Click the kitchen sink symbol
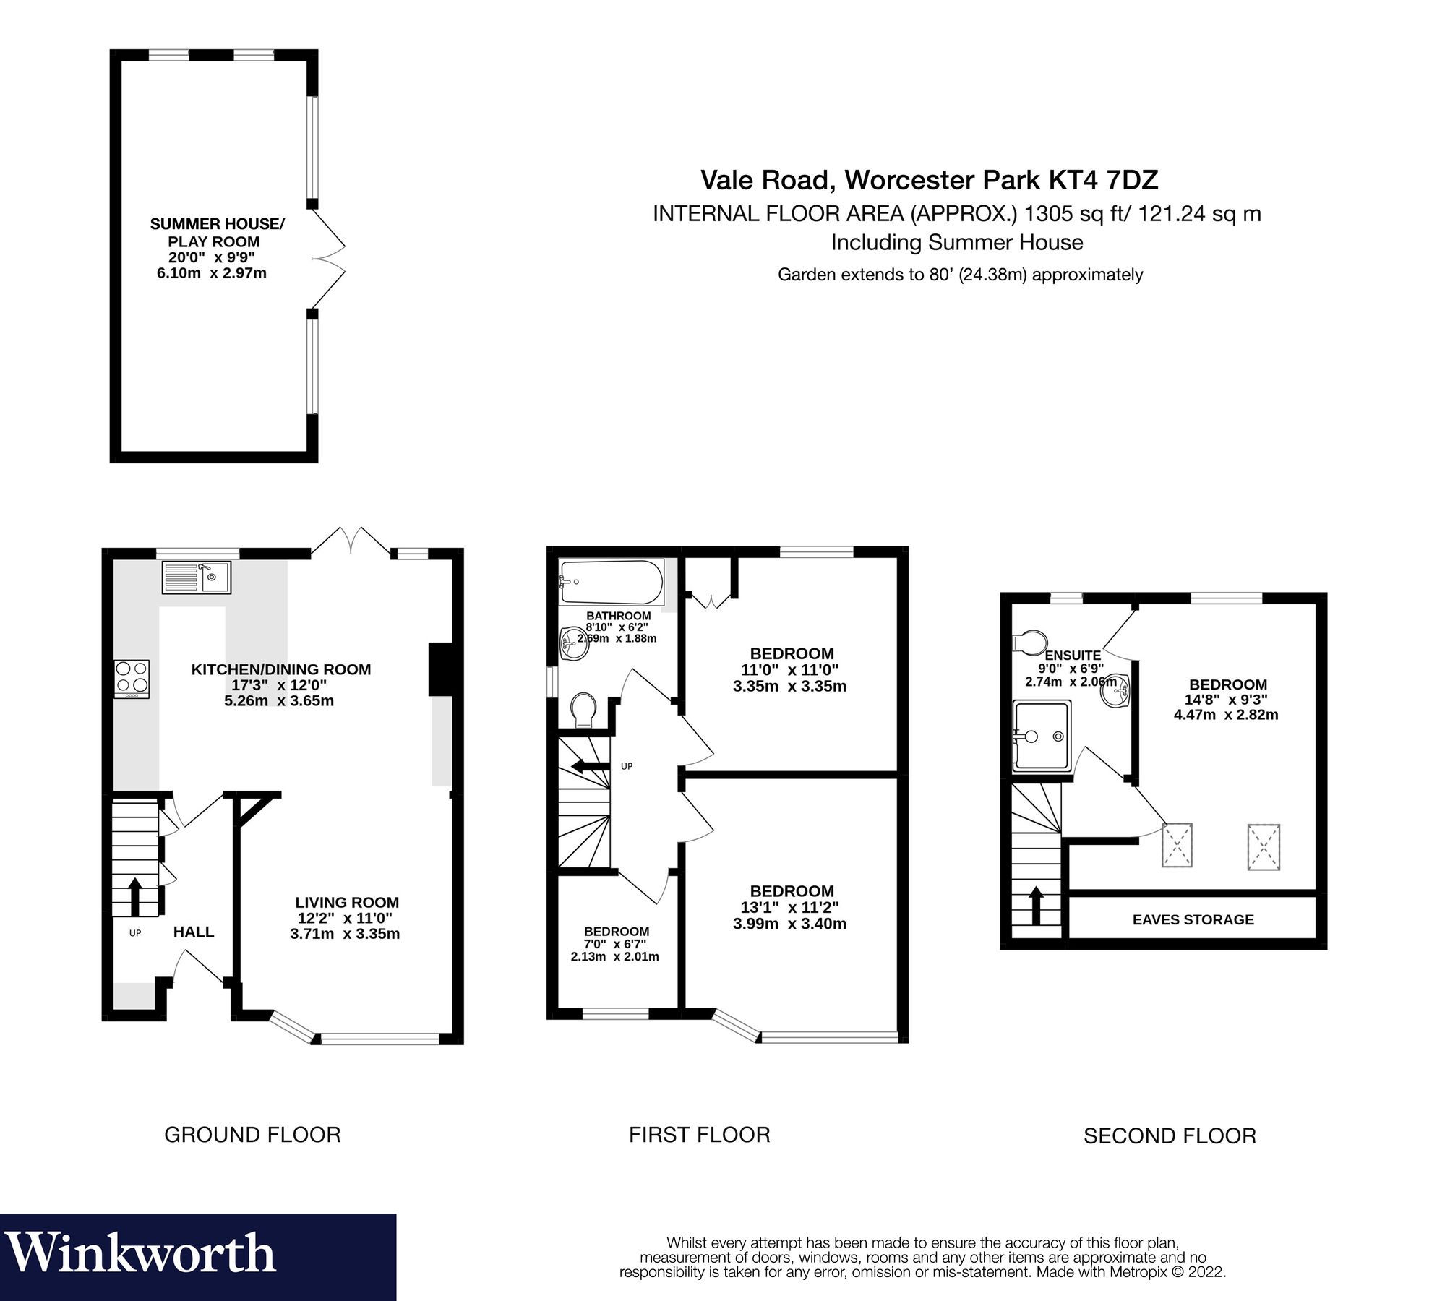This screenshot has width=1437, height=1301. (x=196, y=577)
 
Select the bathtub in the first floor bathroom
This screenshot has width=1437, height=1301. (x=612, y=583)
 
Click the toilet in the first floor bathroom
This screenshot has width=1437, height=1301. (x=583, y=710)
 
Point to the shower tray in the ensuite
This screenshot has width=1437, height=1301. (x=1042, y=735)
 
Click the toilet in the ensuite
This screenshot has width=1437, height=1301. (x=1031, y=640)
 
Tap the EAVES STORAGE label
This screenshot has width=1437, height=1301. (x=1193, y=919)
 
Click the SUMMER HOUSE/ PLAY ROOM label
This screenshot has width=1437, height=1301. (x=217, y=233)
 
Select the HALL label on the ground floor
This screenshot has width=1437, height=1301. (x=193, y=932)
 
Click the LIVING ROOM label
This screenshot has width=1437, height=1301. (x=347, y=902)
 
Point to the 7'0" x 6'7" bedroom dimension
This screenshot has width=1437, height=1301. (x=615, y=944)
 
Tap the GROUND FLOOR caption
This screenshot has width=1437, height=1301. (x=252, y=1134)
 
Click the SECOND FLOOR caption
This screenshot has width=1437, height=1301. (x=1169, y=1135)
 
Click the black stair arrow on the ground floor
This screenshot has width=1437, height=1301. (x=134, y=896)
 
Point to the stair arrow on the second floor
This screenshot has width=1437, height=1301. (x=1035, y=906)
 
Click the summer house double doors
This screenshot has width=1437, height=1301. (x=328, y=259)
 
